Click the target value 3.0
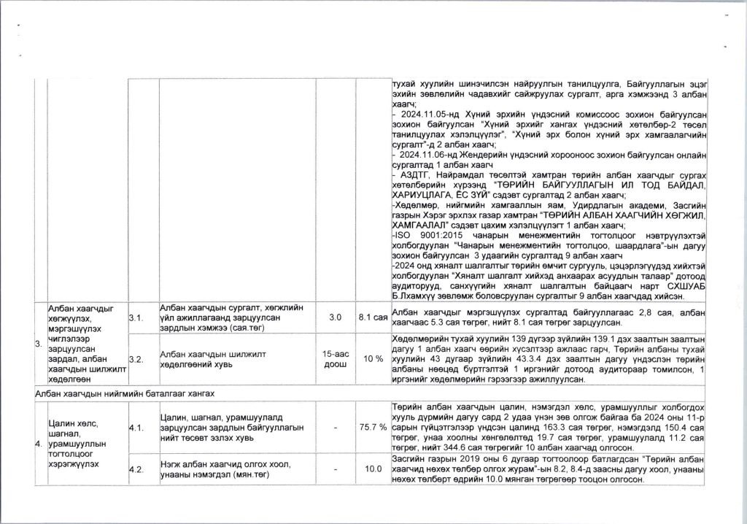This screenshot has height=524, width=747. coord(335,318)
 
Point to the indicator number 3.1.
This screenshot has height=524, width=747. coord(136,318)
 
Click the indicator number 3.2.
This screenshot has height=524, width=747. coord(136,359)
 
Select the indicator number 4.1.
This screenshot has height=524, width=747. coord(136,428)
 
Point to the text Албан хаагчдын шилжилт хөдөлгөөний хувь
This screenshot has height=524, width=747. coord(212,359)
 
